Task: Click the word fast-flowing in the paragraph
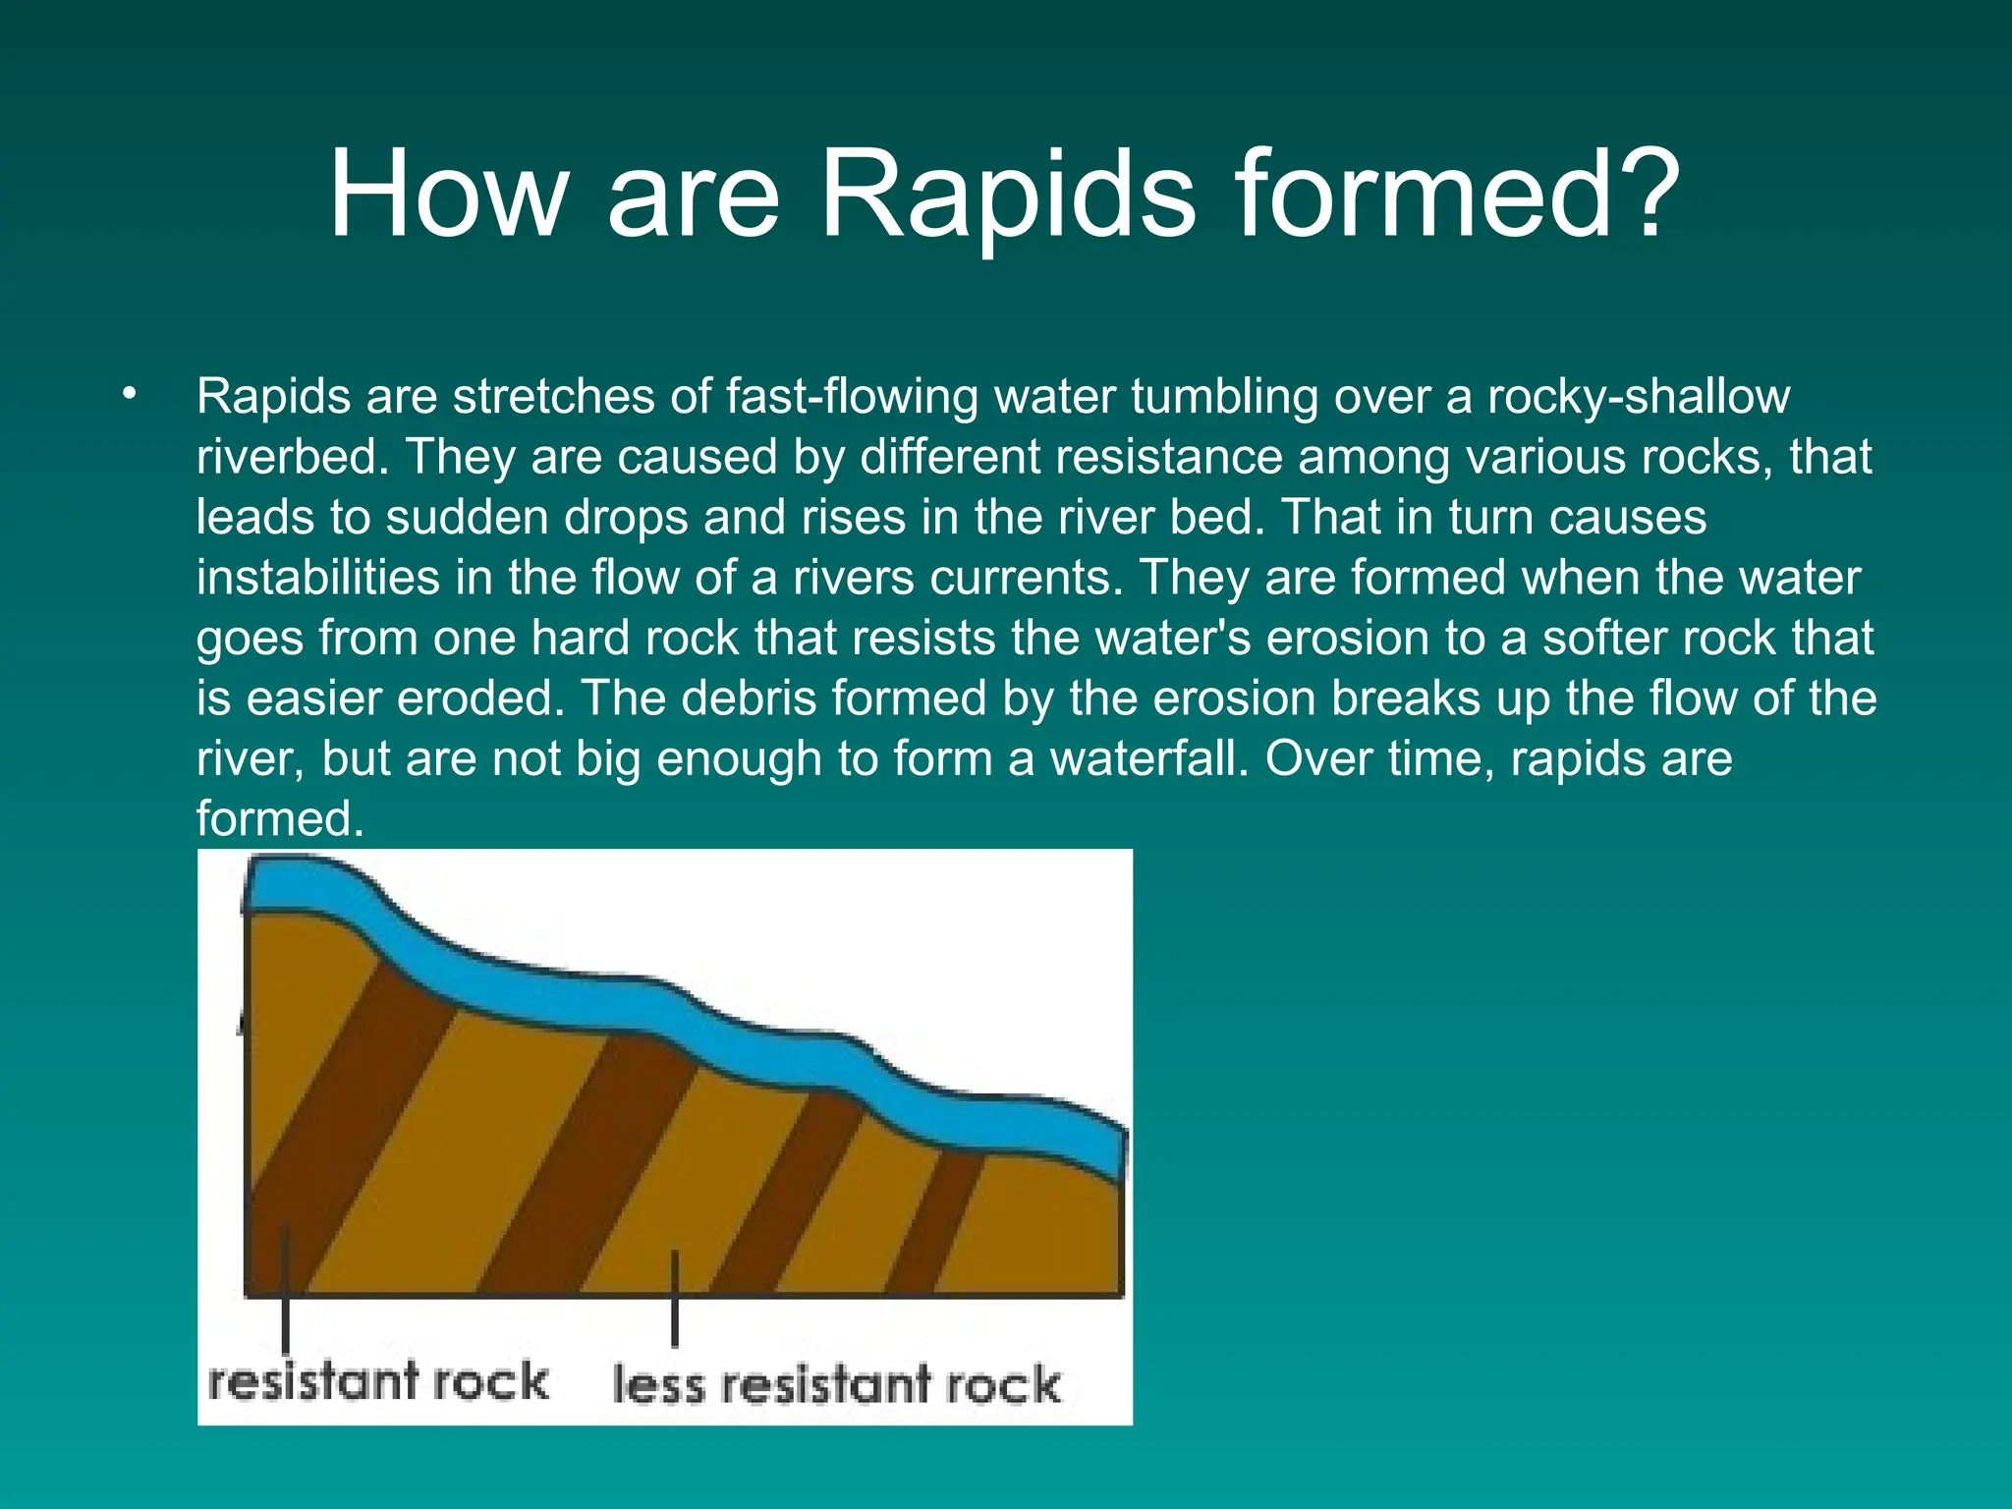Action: coord(851,397)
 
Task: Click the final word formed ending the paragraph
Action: coord(279,819)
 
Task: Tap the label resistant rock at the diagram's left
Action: coord(377,1381)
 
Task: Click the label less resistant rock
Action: coord(836,1384)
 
